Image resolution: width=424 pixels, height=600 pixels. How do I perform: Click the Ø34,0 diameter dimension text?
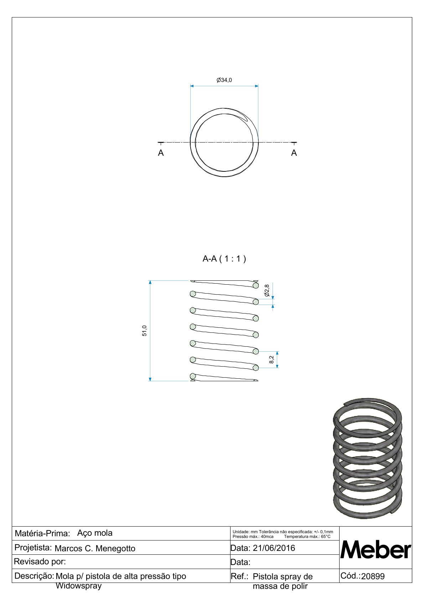(224, 80)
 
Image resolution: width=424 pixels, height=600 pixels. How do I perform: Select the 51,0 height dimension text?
(144, 331)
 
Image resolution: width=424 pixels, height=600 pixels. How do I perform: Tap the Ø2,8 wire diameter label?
(267, 291)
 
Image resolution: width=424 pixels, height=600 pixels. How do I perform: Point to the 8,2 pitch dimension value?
(272, 360)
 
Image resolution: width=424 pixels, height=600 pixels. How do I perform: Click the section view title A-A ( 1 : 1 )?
(224, 259)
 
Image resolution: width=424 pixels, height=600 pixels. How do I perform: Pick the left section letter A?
(161, 153)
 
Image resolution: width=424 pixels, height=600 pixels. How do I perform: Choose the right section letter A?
(294, 153)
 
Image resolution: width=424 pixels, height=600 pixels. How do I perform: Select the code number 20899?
(373, 576)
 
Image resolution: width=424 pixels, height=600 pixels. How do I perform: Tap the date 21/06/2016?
(274, 548)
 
